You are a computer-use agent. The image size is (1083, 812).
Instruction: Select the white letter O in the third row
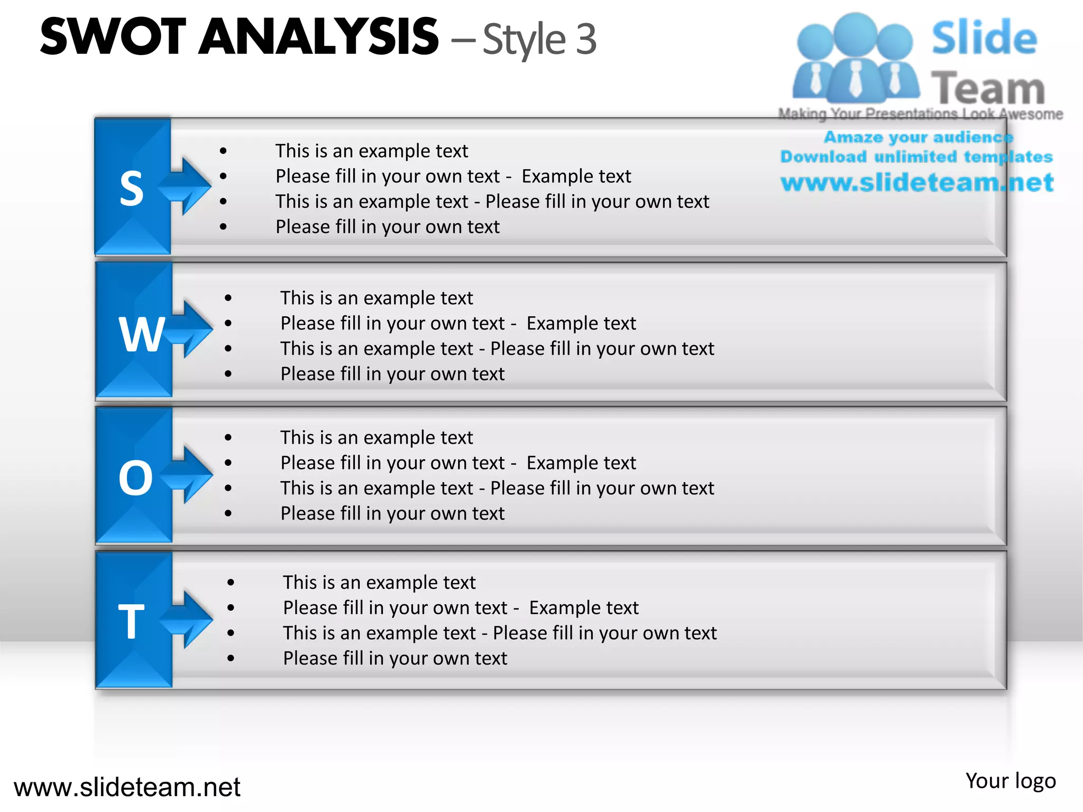click(135, 478)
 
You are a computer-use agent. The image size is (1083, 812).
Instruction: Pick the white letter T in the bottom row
click(131, 622)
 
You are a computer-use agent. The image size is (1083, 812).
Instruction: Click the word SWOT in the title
click(113, 36)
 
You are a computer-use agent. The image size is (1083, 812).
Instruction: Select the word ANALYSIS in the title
click(319, 36)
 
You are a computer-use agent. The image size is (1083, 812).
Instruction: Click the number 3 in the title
click(586, 39)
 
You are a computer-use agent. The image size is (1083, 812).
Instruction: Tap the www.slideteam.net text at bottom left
click(127, 787)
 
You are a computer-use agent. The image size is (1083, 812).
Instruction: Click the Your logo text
click(1011, 781)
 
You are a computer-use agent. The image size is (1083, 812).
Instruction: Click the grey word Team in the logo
click(988, 88)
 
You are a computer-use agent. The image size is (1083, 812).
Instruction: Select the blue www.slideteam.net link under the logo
click(917, 182)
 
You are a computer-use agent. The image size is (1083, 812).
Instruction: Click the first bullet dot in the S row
click(224, 151)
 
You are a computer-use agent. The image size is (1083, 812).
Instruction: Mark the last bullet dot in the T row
click(231, 658)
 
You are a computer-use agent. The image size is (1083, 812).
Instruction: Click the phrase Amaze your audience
click(918, 137)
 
